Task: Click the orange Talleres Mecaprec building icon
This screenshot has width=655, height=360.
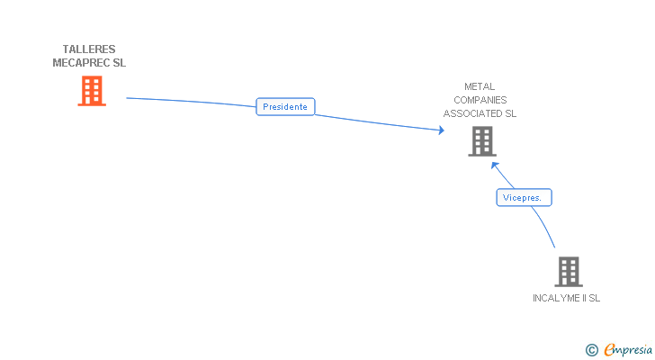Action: pyautogui.click(x=91, y=91)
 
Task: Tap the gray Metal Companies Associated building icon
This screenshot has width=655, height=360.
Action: pyautogui.click(x=481, y=141)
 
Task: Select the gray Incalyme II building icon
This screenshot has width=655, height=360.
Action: pyautogui.click(x=568, y=271)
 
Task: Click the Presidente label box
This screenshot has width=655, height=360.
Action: pyautogui.click(x=285, y=106)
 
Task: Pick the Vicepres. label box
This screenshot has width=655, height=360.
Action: pyautogui.click(x=524, y=197)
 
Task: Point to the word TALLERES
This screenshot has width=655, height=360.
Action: pyautogui.click(x=89, y=49)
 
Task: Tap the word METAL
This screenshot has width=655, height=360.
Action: pyautogui.click(x=480, y=87)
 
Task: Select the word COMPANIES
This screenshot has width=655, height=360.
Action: pyautogui.click(x=480, y=100)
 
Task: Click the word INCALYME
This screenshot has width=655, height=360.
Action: pyautogui.click(x=555, y=297)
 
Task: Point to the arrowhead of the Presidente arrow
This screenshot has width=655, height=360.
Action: pyautogui.click(x=441, y=130)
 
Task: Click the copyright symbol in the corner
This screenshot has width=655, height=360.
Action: pyautogui.click(x=591, y=349)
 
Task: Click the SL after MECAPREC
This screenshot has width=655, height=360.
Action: pyautogui.click(x=119, y=63)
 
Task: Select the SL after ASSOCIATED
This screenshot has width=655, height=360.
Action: pyautogui.click(x=510, y=113)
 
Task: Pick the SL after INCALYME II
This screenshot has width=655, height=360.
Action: pyautogui.click(x=594, y=297)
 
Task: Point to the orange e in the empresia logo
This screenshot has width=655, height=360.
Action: pyautogui.click(x=609, y=349)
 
